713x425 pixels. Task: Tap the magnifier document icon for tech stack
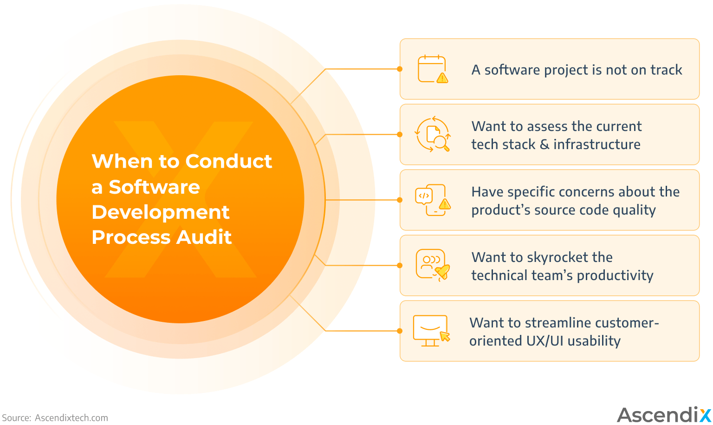433,134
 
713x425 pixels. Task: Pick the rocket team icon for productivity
433,265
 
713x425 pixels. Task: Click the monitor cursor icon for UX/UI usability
431,331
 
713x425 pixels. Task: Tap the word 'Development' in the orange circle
160,212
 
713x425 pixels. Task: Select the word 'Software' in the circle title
154,187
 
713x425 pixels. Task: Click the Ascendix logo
664,414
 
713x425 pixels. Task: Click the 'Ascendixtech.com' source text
71,418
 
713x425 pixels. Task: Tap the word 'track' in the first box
666,70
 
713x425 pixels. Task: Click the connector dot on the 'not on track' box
400,69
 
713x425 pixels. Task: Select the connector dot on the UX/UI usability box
400,331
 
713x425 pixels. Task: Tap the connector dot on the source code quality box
400,200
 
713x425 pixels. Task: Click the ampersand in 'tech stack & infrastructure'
544,144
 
